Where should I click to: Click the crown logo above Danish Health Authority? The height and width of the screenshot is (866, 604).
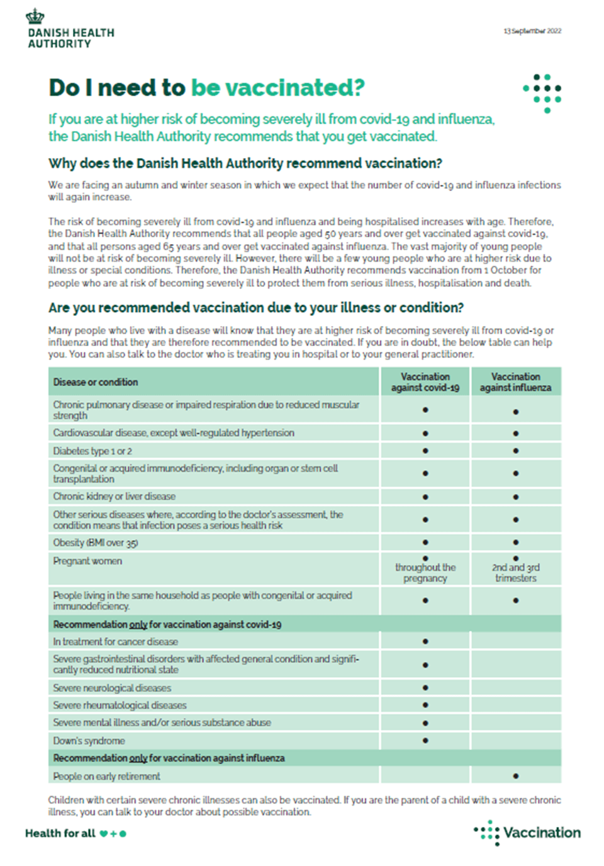(x=35, y=16)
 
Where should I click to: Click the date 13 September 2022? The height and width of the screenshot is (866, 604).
(x=532, y=31)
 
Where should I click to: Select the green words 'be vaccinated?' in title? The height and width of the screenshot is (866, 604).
(x=277, y=88)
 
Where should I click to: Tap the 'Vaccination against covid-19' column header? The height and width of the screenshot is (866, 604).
(x=425, y=382)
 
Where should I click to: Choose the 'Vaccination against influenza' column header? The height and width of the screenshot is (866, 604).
(x=515, y=382)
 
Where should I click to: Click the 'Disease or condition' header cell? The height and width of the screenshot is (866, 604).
(x=96, y=382)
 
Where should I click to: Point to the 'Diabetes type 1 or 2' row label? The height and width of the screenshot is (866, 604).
(x=92, y=451)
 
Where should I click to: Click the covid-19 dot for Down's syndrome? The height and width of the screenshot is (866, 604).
(x=425, y=741)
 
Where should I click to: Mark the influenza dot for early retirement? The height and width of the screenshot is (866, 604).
(x=516, y=776)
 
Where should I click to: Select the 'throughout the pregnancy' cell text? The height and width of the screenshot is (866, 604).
(x=425, y=573)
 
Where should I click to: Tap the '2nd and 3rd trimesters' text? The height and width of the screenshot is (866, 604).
(x=516, y=573)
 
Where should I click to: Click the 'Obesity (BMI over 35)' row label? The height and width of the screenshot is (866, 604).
(x=96, y=543)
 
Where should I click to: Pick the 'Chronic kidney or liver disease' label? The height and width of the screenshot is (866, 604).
(x=115, y=497)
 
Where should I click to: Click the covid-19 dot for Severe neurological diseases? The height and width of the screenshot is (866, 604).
(x=425, y=688)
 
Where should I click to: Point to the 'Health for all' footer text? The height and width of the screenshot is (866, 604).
(x=60, y=833)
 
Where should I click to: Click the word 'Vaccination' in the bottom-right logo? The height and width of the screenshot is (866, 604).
(x=542, y=833)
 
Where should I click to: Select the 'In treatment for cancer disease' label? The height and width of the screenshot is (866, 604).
(x=116, y=642)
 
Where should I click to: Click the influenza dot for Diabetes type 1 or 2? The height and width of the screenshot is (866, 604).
(x=516, y=451)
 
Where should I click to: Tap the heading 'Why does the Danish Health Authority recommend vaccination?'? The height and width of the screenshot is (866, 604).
(x=245, y=164)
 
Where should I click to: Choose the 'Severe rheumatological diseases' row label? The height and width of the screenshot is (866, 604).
(x=120, y=706)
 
